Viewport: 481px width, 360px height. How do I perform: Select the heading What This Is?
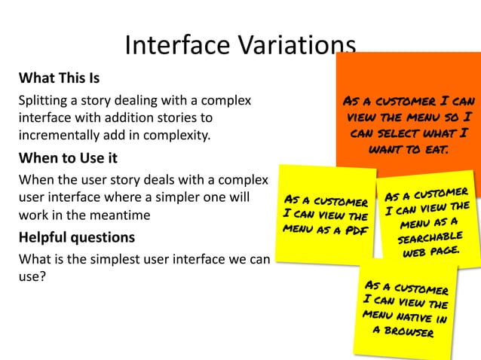point(59,78)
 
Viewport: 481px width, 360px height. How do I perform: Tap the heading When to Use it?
point(68,159)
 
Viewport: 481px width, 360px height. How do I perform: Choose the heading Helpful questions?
point(76,237)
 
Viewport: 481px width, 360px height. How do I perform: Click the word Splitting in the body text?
point(44,101)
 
